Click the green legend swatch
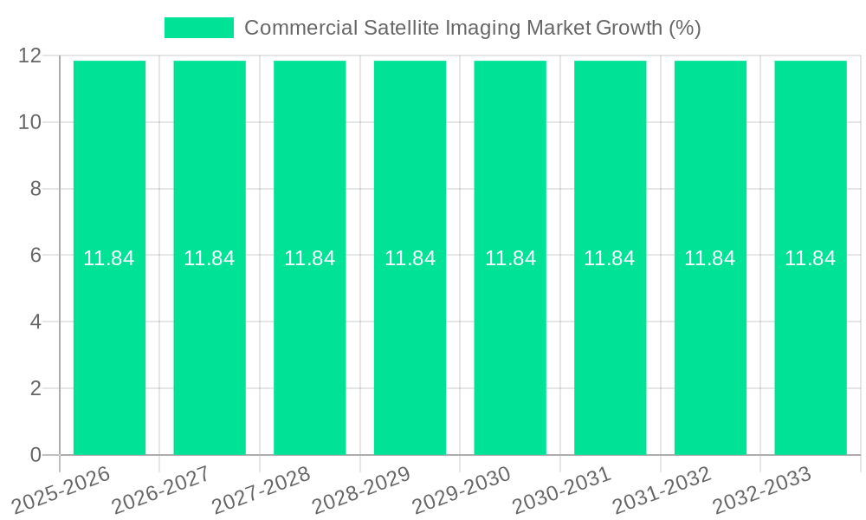pos(199,28)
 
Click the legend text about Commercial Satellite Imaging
pos(472,28)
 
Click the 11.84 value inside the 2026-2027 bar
pos(210,258)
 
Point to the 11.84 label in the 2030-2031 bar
pos(610,258)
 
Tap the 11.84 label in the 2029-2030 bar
pos(510,258)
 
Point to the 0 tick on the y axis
pos(36,455)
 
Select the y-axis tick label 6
pos(36,256)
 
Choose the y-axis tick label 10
pos(30,122)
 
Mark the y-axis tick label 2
pos(36,388)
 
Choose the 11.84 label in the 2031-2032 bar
pos(710,258)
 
